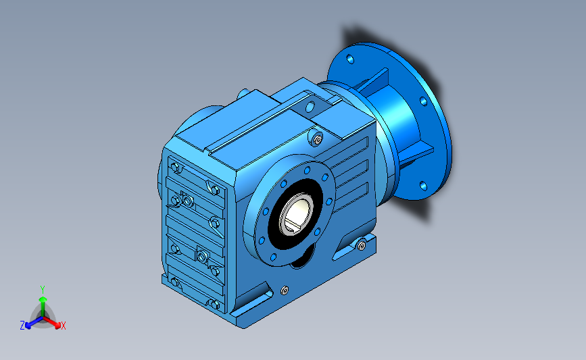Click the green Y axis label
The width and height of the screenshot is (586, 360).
(x=43, y=290)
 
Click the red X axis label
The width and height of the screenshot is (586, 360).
(x=63, y=326)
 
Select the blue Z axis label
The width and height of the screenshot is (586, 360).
(x=22, y=326)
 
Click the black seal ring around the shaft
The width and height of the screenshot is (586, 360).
(x=295, y=214)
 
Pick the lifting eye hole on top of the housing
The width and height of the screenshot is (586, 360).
(x=310, y=107)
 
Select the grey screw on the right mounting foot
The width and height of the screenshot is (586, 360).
(x=362, y=245)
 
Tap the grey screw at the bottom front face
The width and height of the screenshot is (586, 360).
(x=285, y=290)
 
